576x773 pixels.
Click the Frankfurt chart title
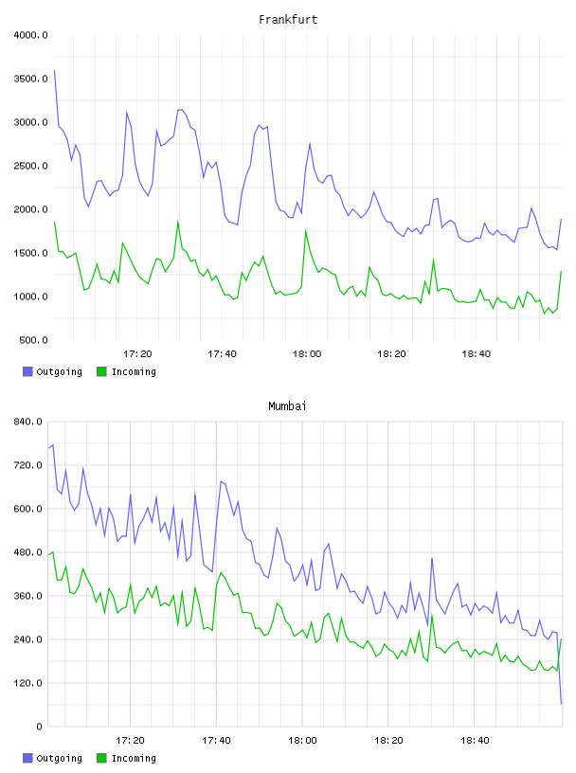(x=288, y=19)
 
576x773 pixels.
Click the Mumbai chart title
(x=287, y=405)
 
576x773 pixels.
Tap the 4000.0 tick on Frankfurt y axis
(x=30, y=35)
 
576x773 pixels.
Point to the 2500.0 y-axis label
(x=30, y=166)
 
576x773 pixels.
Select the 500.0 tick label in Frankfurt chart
(x=33, y=340)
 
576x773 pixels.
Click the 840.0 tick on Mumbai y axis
(x=28, y=422)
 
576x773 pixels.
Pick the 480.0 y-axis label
(x=28, y=552)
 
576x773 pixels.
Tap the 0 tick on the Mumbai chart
(x=39, y=727)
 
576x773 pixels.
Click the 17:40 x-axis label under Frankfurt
(x=222, y=354)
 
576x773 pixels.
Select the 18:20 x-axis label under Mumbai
(x=388, y=741)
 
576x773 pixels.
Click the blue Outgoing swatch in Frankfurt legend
(x=27, y=371)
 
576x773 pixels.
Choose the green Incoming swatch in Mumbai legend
(x=101, y=758)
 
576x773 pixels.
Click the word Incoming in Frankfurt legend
(x=134, y=372)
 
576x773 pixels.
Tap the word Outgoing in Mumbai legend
(x=59, y=759)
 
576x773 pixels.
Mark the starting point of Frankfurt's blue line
(x=55, y=70)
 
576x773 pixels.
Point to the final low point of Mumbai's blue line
(x=561, y=704)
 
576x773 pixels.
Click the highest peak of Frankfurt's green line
(x=178, y=222)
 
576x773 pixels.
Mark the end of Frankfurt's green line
(x=561, y=271)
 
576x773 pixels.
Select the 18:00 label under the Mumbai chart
(x=302, y=741)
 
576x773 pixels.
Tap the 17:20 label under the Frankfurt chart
(x=137, y=354)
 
